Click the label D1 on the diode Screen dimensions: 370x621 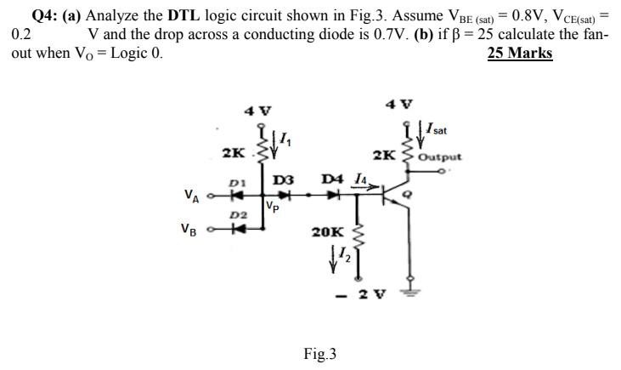click(x=238, y=181)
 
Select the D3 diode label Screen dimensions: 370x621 click(x=283, y=179)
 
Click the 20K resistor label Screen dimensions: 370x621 click(x=327, y=231)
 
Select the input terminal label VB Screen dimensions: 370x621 click(x=191, y=228)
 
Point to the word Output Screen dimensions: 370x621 click(x=440, y=157)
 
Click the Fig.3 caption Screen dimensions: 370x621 click(x=319, y=353)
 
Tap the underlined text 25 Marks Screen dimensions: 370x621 click(x=520, y=53)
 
